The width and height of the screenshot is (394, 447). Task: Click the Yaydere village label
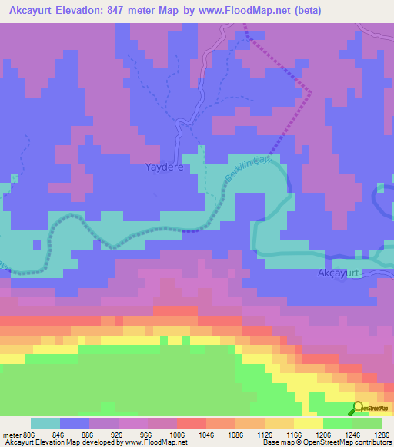click(x=165, y=166)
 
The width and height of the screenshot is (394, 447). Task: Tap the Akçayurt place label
click(x=339, y=273)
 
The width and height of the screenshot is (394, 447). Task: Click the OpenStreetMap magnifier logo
click(x=359, y=409)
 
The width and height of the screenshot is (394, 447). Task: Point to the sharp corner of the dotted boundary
click(x=311, y=92)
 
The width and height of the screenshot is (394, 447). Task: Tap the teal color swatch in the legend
click(x=45, y=423)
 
